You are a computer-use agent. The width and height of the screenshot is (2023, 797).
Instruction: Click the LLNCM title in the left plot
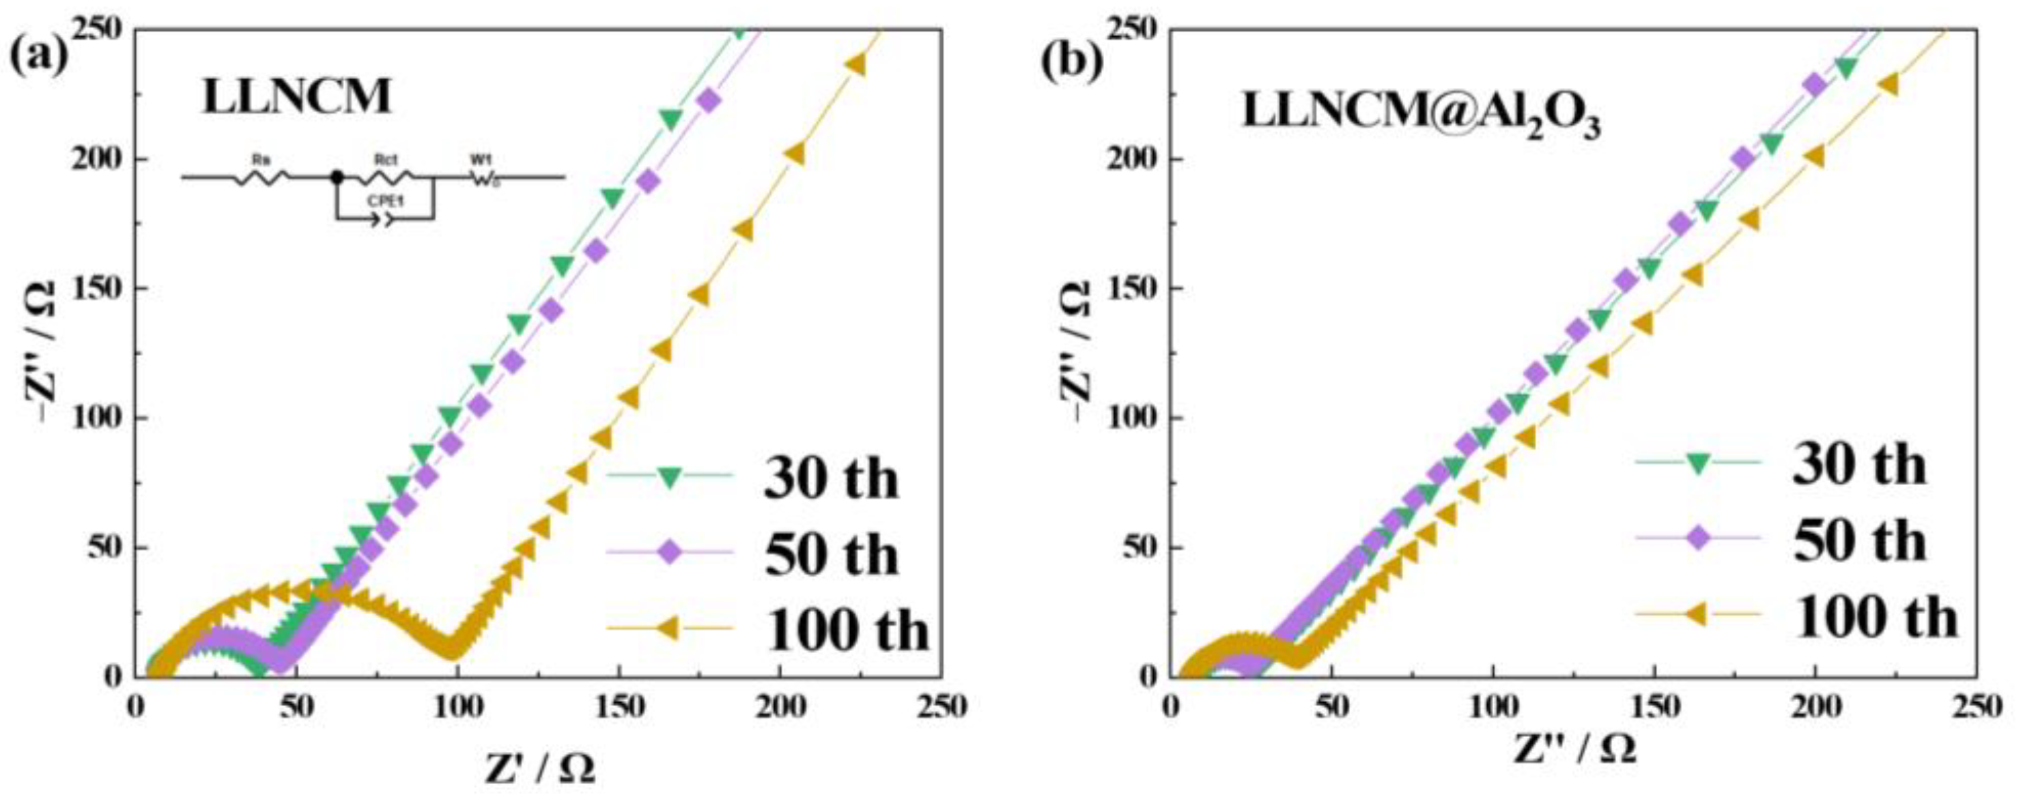(x=297, y=99)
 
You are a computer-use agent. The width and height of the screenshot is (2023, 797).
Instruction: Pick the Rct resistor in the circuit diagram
(x=385, y=174)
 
